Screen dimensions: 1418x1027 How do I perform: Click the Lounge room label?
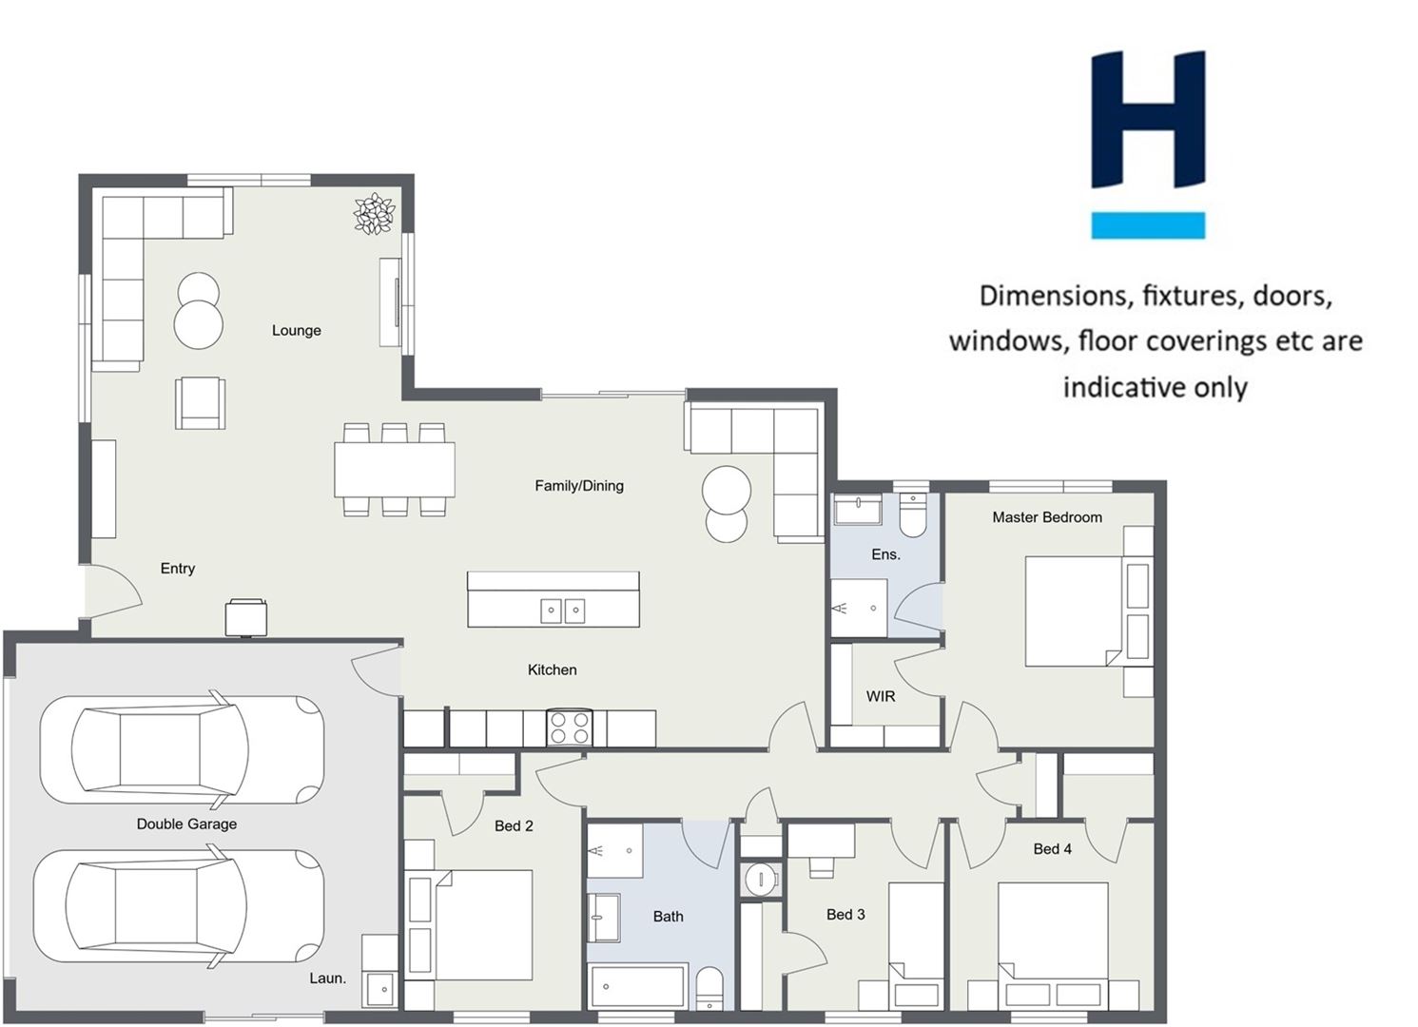pyautogui.click(x=297, y=330)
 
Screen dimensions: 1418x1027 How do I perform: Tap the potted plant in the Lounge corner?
pyautogui.click(x=374, y=213)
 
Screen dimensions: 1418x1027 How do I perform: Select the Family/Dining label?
pyautogui.click(x=579, y=486)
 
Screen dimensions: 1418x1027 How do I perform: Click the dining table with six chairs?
pyautogui.click(x=395, y=470)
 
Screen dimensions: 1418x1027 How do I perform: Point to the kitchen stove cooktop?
pyautogui.click(x=569, y=727)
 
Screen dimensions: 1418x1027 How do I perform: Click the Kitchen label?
pyautogui.click(x=552, y=670)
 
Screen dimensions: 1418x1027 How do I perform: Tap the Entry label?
pyautogui.click(x=178, y=569)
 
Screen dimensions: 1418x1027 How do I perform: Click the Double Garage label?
pyautogui.click(x=186, y=824)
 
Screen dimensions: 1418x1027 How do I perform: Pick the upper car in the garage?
pyautogui.click(x=182, y=750)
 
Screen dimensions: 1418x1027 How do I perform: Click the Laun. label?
pyautogui.click(x=328, y=979)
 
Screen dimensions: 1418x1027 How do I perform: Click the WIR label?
pyautogui.click(x=881, y=697)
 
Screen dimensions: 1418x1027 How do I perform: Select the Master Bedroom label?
pyautogui.click(x=1047, y=517)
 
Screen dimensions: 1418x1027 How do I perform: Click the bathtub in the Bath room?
pyautogui.click(x=637, y=985)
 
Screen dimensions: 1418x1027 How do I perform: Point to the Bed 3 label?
pyautogui.click(x=845, y=915)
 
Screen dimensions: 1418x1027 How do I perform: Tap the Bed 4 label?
pyautogui.click(x=1052, y=849)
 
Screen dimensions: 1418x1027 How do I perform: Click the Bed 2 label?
pyautogui.click(x=514, y=825)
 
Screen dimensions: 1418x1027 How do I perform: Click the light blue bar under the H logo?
pyautogui.click(x=1148, y=225)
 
